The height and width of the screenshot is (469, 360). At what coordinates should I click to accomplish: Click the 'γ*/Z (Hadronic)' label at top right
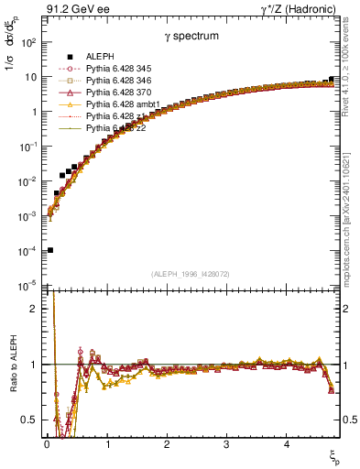297,9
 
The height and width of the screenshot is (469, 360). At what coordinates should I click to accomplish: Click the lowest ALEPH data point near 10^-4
49,250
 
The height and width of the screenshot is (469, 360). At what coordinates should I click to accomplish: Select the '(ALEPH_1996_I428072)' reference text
190,273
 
